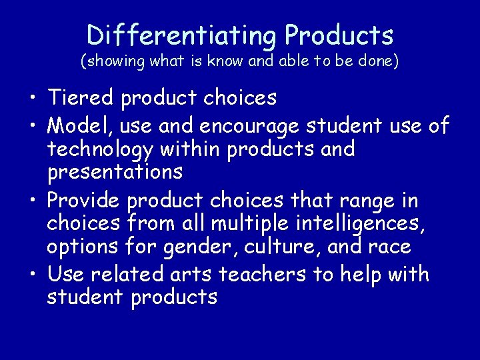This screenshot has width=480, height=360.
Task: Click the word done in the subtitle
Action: tap(379, 62)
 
